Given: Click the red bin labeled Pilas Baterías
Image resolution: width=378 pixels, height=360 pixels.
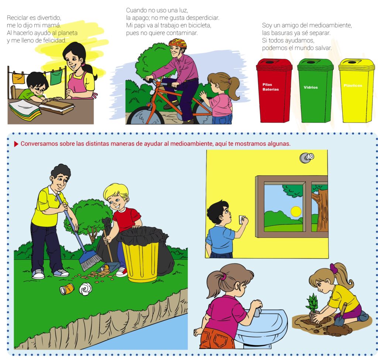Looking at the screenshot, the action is (x=274, y=90).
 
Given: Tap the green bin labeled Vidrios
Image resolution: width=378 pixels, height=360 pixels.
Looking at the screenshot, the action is (x=315, y=90).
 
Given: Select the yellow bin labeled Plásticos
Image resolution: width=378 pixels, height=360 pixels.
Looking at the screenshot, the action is (x=357, y=90).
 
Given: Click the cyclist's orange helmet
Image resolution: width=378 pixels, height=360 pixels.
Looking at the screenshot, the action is (x=178, y=43).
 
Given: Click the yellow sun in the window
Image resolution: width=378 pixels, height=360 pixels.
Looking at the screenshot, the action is (x=296, y=212).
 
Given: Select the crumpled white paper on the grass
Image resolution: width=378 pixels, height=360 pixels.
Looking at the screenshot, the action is (x=85, y=289).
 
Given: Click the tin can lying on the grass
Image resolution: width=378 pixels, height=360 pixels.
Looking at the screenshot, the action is (x=67, y=289).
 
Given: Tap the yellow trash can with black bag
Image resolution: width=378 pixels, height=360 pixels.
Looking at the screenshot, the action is (x=141, y=256).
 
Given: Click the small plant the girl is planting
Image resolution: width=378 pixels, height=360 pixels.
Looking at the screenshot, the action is (x=312, y=305).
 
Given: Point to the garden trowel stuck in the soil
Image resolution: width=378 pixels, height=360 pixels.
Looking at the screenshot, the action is (x=341, y=315).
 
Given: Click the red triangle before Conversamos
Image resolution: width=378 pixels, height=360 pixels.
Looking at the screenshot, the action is (x=16, y=144).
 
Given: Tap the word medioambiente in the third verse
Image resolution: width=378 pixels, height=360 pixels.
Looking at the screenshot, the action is (x=330, y=25).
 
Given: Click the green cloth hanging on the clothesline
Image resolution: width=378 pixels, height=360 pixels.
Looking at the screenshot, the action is (x=56, y=76).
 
